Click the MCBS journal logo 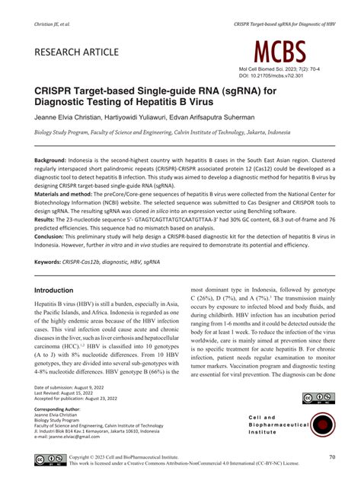(280, 52)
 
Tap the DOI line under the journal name (271, 76)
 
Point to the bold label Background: (56, 161)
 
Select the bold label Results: (48, 218)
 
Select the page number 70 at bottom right (332, 457)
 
